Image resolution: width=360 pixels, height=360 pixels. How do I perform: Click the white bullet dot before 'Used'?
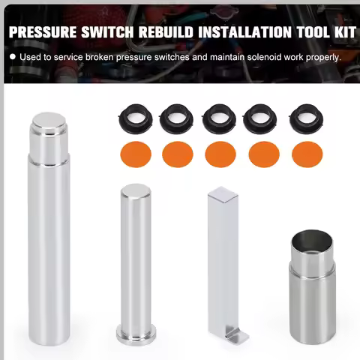point(13,57)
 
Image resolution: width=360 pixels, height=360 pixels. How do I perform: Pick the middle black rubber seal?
point(218,116)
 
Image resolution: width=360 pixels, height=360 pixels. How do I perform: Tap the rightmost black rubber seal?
point(306,116)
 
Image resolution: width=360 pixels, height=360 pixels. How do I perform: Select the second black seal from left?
point(175,116)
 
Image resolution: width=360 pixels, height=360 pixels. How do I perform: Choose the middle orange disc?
point(218,154)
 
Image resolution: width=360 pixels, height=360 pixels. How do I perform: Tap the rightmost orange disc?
point(306,154)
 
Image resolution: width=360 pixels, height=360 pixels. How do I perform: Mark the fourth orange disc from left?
point(262,154)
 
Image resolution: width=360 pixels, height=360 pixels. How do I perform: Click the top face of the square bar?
point(223,194)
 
